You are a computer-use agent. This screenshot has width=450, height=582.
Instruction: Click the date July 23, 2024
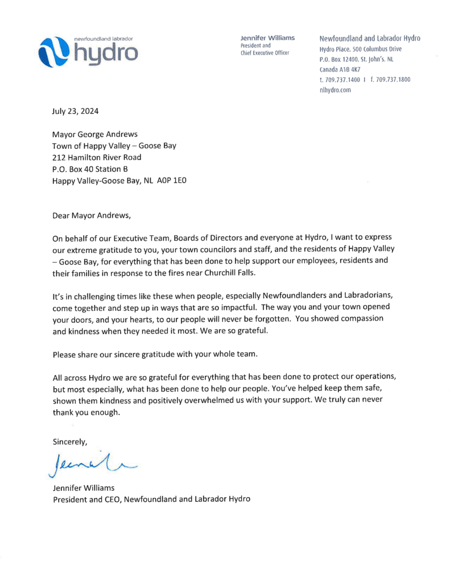pyautogui.click(x=75, y=111)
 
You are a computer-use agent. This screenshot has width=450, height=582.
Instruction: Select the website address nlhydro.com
pyautogui.click(x=335, y=90)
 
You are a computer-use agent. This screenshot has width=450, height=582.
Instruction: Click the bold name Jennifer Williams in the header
pyautogui.click(x=267, y=38)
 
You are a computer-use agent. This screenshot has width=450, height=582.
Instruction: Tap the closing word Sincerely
pyautogui.click(x=70, y=441)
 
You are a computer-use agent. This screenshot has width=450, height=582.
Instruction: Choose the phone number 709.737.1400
pyautogui.click(x=342, y=80)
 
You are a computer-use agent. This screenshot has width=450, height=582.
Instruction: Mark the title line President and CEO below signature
pyautogui.click(x=151, y=499)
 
